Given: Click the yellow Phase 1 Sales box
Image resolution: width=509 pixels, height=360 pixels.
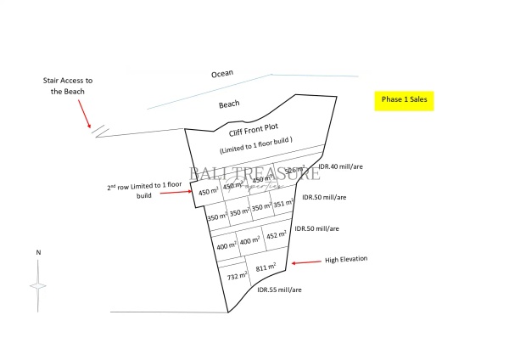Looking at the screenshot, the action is pyautogui.click(x=404, y=99).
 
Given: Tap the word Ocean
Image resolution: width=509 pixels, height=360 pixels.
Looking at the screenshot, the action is pyautogui.click(x=222, y=74).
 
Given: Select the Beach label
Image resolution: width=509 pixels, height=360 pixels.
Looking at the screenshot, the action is pyautogui.click(x=229, y=104).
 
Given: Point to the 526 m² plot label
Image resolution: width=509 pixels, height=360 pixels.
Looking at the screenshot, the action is pyautogui.click(x=294, y=170).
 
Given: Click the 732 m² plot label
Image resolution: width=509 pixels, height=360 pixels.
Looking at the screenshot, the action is pyautogui.click(x=236, y=275).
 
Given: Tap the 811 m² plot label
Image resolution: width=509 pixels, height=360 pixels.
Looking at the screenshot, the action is pyautogui.click(x=267, y=270).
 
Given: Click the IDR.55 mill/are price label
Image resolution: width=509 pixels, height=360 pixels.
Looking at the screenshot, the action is pyautogui.click(x=279, y=290).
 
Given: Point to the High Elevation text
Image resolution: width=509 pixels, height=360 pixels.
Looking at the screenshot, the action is pyautogui.click(x=346, y=258).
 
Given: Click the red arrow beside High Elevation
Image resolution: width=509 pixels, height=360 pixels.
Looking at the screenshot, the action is pyautogui.click(x=305, y=262).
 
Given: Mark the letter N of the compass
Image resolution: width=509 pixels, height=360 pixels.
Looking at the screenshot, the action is pyautogui.click(x=37, y=252).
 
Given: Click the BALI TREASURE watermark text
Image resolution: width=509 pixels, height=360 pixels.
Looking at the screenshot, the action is pyautogui.click(x=255, y=175).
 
